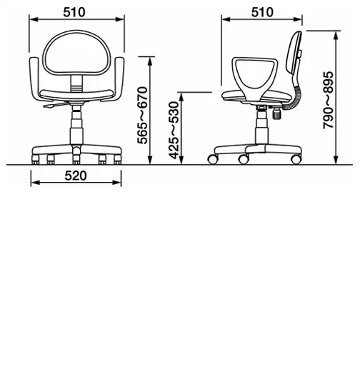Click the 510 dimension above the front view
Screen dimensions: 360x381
pos(74,12)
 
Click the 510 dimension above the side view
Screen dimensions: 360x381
pos(262,12)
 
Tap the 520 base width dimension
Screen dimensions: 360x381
pos(76,176)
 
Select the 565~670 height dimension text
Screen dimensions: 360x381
pos(143,115)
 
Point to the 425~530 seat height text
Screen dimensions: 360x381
pos(174,131)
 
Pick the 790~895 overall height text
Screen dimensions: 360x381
pos(328,100)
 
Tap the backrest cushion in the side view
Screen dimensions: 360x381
pos(294,52)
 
